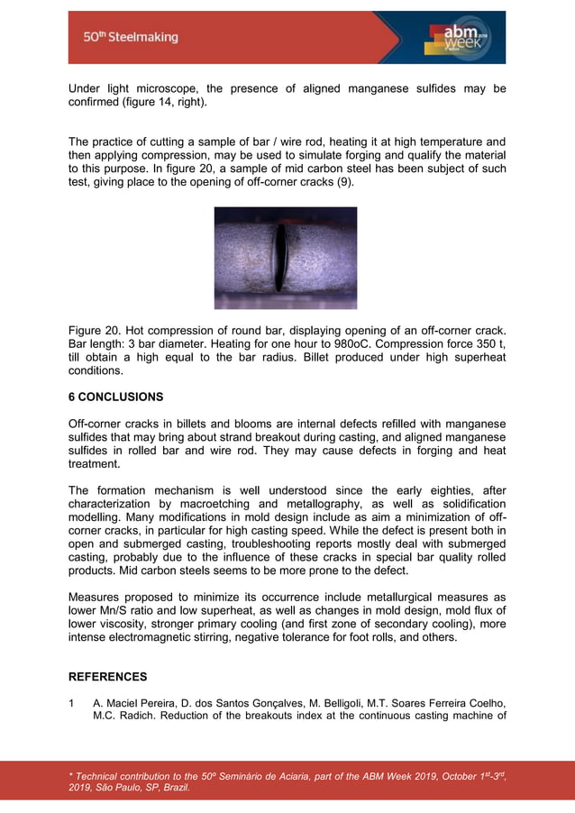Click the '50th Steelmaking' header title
click(131, 37)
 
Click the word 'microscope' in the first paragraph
click(168, 88)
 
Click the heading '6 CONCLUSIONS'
click(116, 397)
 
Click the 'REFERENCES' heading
click(108, 676)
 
